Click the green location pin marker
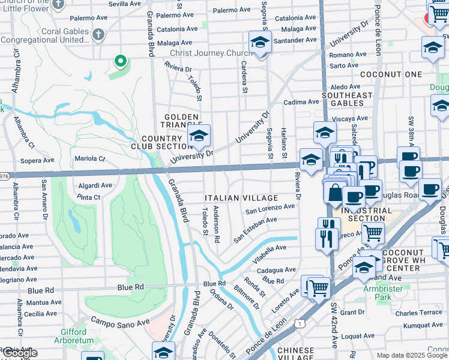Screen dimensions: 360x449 tap(121, 61)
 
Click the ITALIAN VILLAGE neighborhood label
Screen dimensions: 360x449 tap(241, 198)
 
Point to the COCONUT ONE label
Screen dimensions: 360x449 tap(391, 74)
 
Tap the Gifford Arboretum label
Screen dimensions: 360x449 tap(77, 336)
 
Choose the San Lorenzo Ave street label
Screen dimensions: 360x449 tap(270, 208)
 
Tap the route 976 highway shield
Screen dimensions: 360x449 tap(4, 175)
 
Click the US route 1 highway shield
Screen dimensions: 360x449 tap(298, 323)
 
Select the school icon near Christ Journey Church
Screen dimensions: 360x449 tap(260, 43)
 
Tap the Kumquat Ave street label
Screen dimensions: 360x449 tap(423, 325)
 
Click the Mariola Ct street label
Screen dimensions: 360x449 tap(89, 159)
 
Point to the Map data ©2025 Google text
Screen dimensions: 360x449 tap(412, 355)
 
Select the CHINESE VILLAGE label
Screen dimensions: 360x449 tap(295, 354)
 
